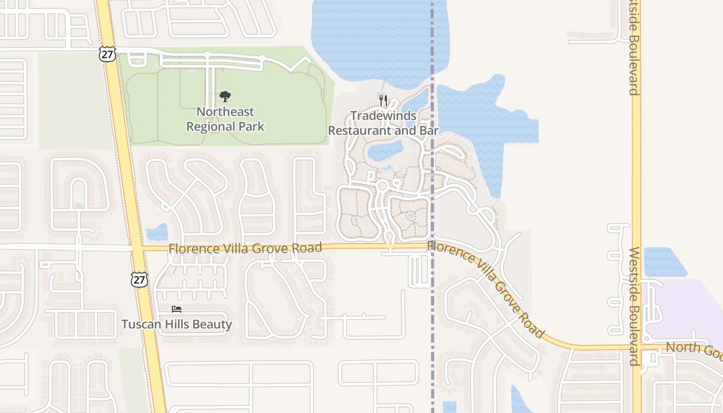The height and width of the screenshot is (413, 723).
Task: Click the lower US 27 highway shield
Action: (139, 279)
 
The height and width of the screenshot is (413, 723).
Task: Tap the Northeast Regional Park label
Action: (225, 119)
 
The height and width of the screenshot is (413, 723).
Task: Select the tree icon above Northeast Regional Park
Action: (225, 96)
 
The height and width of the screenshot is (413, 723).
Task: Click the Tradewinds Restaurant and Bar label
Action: (383, 123)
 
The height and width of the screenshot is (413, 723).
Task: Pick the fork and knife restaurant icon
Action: (383, 100)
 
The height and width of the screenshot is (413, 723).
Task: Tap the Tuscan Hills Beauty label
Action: (177, 324)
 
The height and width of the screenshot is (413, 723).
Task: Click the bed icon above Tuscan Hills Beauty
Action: (177, 309)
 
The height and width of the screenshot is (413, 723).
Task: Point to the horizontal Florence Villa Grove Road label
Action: (245, 248)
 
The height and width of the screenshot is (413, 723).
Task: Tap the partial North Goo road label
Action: (694, 349)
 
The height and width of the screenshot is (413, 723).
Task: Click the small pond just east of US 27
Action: (158, 233)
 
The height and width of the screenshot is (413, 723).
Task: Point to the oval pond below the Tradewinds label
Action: (385, 151)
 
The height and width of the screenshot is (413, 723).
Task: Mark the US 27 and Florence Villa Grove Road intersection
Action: (137, 248)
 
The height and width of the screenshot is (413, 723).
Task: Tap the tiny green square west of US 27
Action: (79, 205)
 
